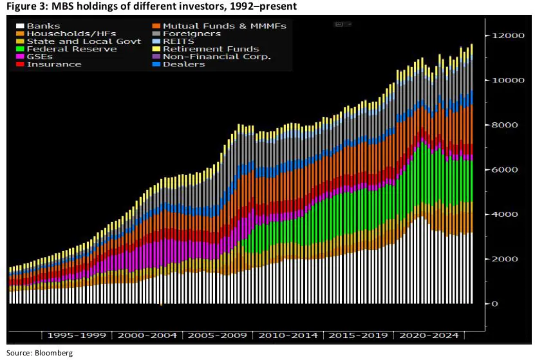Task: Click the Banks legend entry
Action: tap(43, 26)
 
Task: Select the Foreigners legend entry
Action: tap(192, 33)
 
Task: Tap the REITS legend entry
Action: tap(180, 41)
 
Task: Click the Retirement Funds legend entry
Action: tap(211, 49)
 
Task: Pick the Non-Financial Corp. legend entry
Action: tap(216, 57)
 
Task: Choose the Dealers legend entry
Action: tap(183, 64)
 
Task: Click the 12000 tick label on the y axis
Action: tap(505, 35)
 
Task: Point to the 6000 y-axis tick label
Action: tap(502, 169)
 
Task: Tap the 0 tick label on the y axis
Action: tap(494, 303)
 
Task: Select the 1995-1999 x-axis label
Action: tap(76, 336)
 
